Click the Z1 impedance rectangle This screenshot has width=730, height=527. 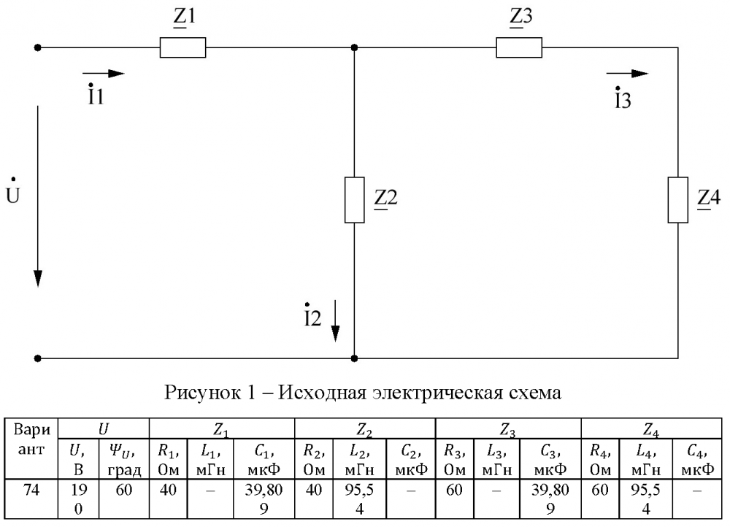point(182,47)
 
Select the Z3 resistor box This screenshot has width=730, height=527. point(518,47)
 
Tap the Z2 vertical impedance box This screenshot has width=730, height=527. point(354,200)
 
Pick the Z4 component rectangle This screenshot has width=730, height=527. point(677,200)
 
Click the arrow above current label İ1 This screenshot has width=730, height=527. point(104,73)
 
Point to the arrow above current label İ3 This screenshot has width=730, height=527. point(627,73)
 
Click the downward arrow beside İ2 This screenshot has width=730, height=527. point(335,320)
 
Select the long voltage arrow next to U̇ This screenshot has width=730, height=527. point(38,196)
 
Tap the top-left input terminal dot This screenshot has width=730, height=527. point(38,47)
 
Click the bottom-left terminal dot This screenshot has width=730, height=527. point(38,358)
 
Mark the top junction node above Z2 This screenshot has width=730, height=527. point(354,47)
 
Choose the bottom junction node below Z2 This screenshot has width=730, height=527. point(354,358)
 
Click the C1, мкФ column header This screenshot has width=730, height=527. point(264,459)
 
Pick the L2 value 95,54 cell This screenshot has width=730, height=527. point(359,499)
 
